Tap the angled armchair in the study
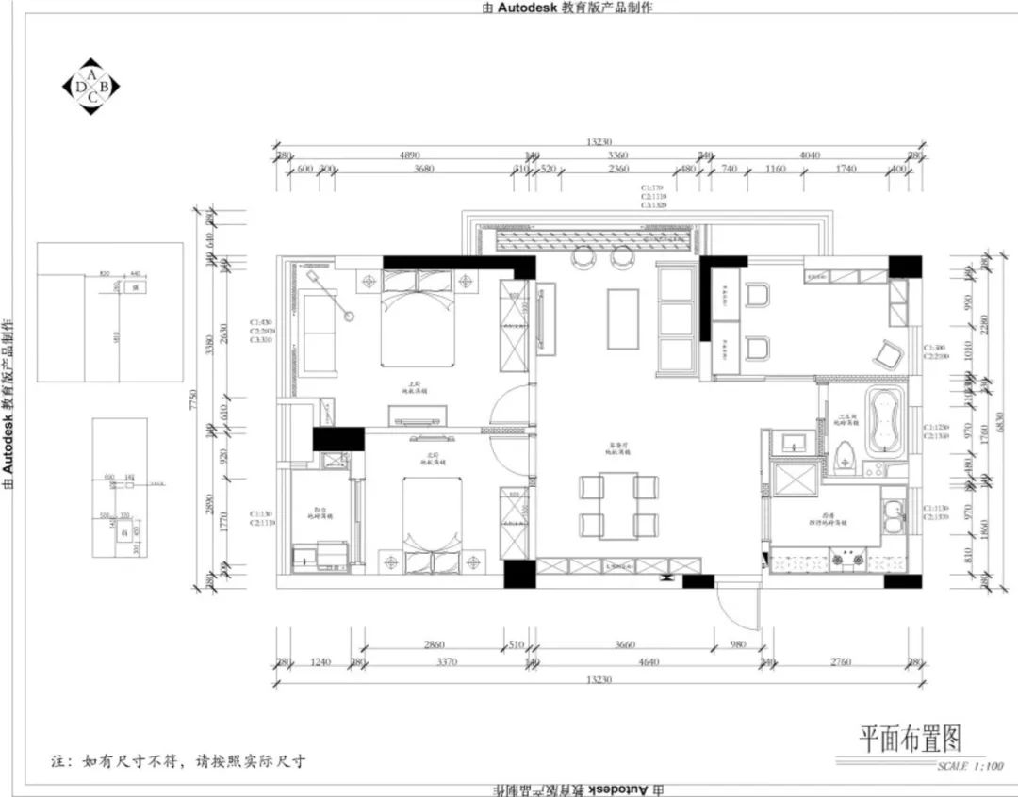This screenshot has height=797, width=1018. coord(887,354)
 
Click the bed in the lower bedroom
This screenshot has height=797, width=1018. coord(433,518)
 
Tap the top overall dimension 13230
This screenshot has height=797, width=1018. coord(598,142)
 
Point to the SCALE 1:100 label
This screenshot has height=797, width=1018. coord(971,766)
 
